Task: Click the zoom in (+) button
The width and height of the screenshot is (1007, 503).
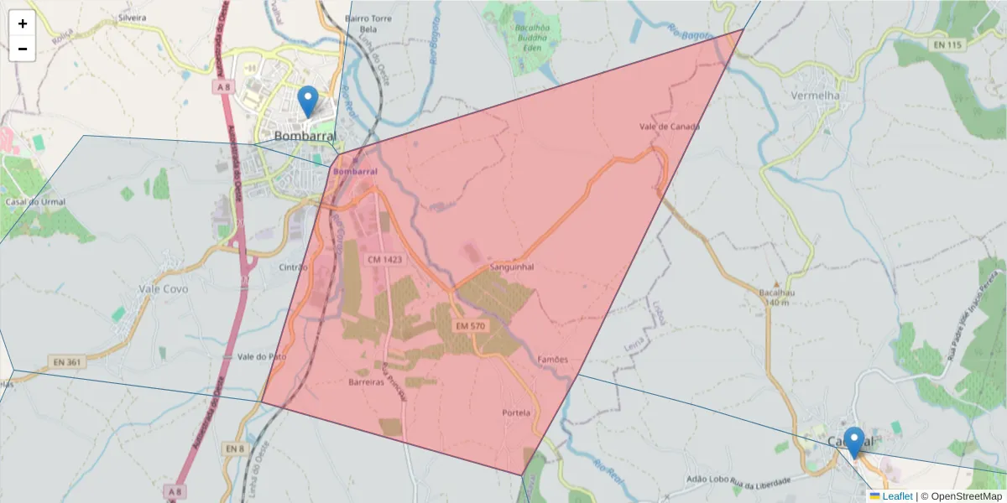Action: point(23,23)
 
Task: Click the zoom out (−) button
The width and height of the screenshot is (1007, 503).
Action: point(23,49)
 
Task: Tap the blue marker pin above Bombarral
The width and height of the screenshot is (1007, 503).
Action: point(308,101)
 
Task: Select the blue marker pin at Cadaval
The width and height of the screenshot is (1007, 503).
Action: point(853,442)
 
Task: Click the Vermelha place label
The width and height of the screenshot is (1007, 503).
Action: point(815,96)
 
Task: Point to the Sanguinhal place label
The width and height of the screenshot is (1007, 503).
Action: point(512,267)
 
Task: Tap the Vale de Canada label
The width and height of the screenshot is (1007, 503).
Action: point(669,127)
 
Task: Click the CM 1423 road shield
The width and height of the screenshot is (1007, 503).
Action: point(385,260)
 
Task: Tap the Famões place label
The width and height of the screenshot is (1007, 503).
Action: point(552,360)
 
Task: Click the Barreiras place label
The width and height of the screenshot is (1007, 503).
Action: point(366,381)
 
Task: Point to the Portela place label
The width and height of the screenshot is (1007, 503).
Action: point(516,412)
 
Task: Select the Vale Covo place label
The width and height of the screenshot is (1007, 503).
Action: point(163,288)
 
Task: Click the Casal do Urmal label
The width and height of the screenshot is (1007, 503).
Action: point(35,202)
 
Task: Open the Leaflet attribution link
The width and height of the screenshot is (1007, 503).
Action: point(897,496)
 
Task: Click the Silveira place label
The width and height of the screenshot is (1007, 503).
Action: point(133,17)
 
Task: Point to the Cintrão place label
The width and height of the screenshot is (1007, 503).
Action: point(294,267)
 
